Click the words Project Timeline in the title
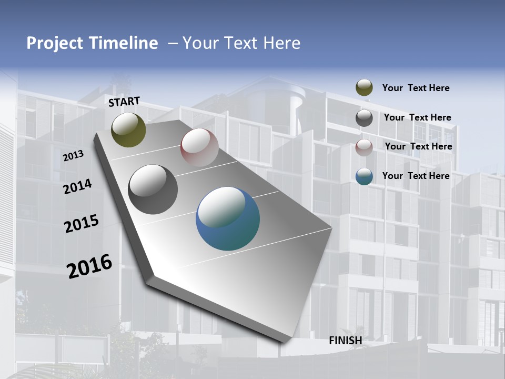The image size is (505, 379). (x=92, y=43)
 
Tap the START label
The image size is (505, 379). (x=124, y=102)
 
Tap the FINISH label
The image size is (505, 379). (x=346, y=341)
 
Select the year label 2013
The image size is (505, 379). (x=73, y=156)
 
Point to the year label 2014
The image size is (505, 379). (x=77, y=186)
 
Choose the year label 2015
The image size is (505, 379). (x=82, y=224)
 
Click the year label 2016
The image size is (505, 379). (x=89, y=266)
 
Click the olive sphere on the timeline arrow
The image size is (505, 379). (x=128, y=130)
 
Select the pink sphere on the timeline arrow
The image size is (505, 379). (x=199, y=147)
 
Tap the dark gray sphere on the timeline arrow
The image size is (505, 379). (x=153, y=189)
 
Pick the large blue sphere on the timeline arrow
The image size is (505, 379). (x=228, y=218)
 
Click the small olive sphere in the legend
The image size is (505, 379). (x=364, y=88)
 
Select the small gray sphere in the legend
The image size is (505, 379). (x=364, y=118)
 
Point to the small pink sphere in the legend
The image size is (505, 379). (x=364, y=147)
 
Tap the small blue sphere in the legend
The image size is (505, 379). (x=364, y=177)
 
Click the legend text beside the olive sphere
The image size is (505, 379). (x=416, y=88)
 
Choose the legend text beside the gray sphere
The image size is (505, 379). (x=417, y=117)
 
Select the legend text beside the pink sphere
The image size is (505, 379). (x=418, y=146)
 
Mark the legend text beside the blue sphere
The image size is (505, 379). (x=416, y=176)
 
